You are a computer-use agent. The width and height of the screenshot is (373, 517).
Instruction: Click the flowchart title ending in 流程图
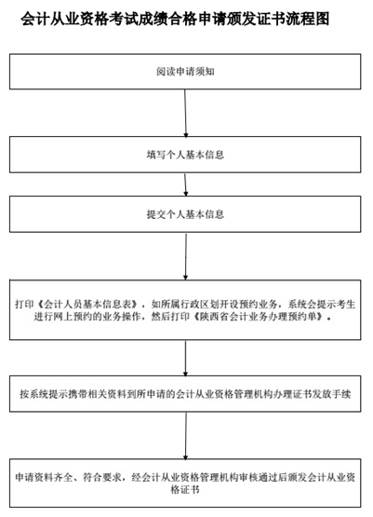click(x=175, y=19)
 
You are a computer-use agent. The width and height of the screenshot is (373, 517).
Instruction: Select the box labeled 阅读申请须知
click(x=185, y=72)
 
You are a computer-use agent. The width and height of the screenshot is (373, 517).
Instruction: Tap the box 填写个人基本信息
click(x=185, y=155)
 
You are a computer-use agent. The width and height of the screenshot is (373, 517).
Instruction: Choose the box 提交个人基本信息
click(x=185, y=214)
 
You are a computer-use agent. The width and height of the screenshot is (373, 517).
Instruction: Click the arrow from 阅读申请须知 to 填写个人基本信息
click(x=185, y=113)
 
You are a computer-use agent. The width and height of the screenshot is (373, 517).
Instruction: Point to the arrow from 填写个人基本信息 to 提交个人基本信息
click(x=185, y=184)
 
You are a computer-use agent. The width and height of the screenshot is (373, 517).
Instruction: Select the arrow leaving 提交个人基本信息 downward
click(x=186, y=256)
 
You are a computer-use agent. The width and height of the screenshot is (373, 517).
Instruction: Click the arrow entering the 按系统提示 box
click(x=185, y=358)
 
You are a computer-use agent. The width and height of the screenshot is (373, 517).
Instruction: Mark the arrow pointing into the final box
click(x=186, y=436)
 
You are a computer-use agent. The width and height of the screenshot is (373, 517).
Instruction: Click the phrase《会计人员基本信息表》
click(x=89, y=304)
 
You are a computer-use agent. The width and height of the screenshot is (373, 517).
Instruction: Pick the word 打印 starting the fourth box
click(x=24, y=304)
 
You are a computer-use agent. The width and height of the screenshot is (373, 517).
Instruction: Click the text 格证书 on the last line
click(x=185, y=490)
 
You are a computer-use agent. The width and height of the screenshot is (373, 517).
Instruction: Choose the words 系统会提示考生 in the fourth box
click(x=322, y=304)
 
